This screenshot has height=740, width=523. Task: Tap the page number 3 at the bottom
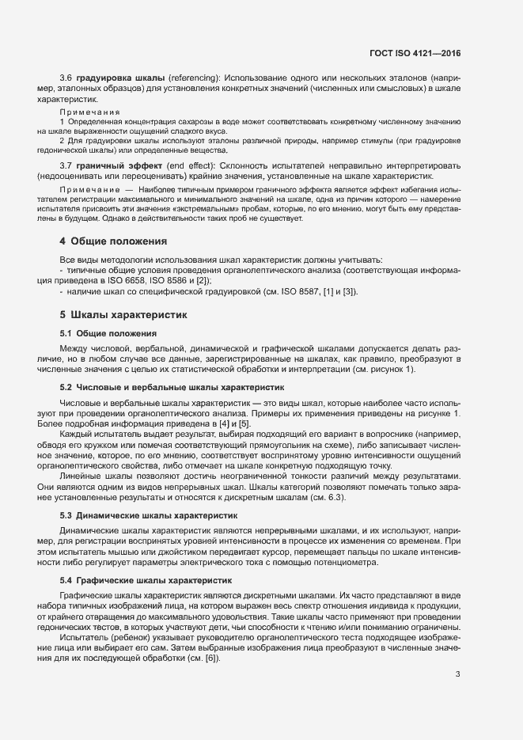click(457, 674)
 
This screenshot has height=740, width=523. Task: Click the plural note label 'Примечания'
click(90, 112)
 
